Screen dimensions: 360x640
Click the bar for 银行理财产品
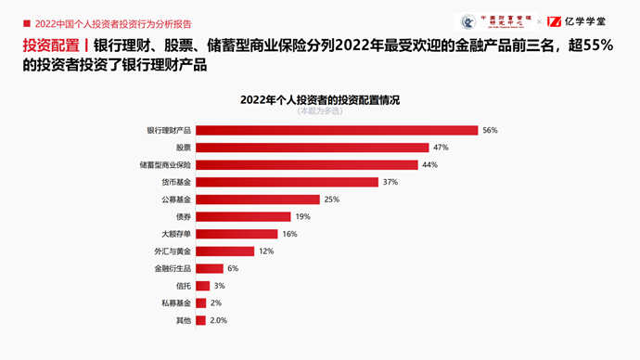(337, 131)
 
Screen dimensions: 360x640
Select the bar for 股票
(313, 148)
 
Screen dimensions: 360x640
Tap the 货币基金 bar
(287, 182)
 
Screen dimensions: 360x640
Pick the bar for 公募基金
(257, 199)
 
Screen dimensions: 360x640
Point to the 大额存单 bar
(236, 234)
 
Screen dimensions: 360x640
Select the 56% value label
(490, 131)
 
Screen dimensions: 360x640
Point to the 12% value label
(266, 251)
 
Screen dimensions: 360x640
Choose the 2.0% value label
(218, 320)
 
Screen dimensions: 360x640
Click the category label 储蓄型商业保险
(165, 165)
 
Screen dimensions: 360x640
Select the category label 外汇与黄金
(172, 251)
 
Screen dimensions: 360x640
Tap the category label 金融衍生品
(172, 268)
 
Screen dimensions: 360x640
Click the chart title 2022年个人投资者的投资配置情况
(319, 98)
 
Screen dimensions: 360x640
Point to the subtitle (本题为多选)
(319, 110)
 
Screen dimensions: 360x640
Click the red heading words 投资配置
(51, 46)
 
